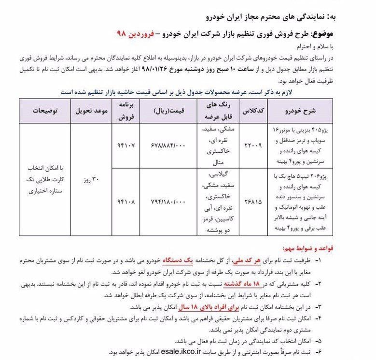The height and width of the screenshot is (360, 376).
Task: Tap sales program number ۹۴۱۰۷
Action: point(125,145)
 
